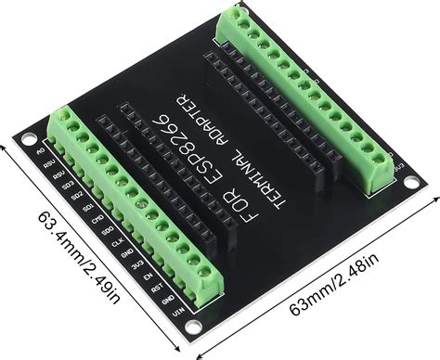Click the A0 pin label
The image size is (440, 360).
[x=40, y=148]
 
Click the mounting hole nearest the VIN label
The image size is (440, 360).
[x=191, y=328]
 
